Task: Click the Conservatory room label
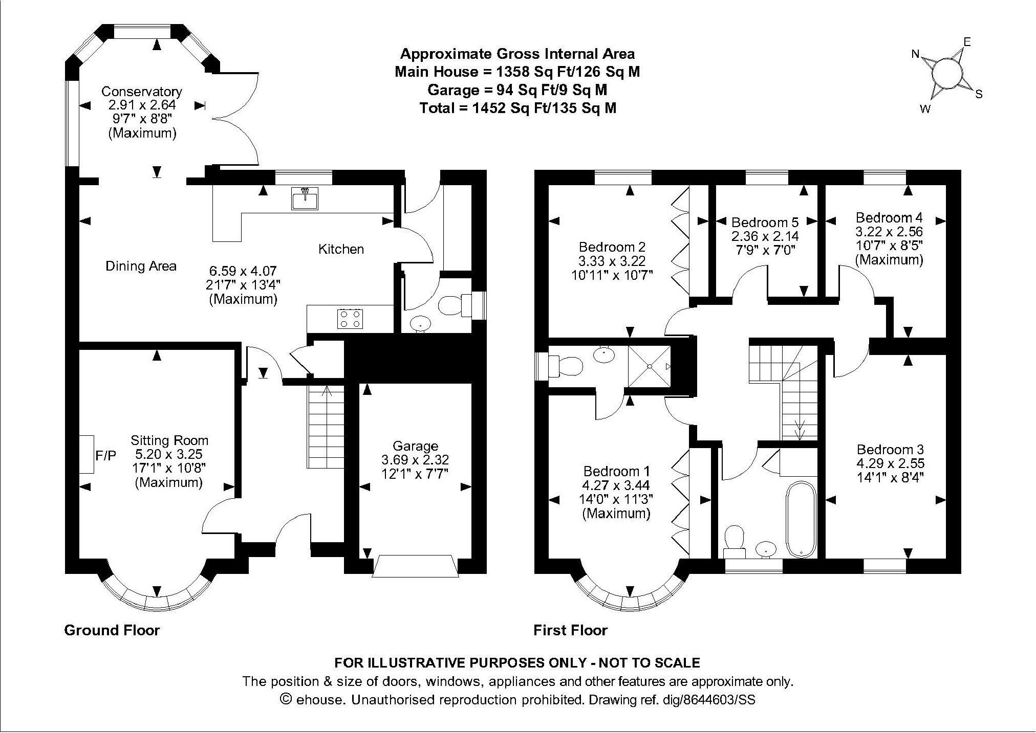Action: (x=142, y=92)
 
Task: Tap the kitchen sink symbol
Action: (x=305, y=198)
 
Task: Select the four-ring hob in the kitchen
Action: (x=350, y=319)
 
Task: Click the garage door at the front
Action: (x=415, y=566)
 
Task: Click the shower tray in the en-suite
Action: (x=649, y=366)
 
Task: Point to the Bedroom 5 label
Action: (x=765, y=223)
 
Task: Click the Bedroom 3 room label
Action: (x=890, y=450)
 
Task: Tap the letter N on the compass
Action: (x=916, y=54)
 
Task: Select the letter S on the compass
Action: (x=979, y=94)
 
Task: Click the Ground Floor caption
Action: (x=112, y=630)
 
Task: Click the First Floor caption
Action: (x=570, y=630)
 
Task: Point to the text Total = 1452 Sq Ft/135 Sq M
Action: (x=517, y=108)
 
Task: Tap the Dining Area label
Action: (x=141, y=266)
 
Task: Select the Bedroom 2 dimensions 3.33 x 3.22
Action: (x=612, y=260)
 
